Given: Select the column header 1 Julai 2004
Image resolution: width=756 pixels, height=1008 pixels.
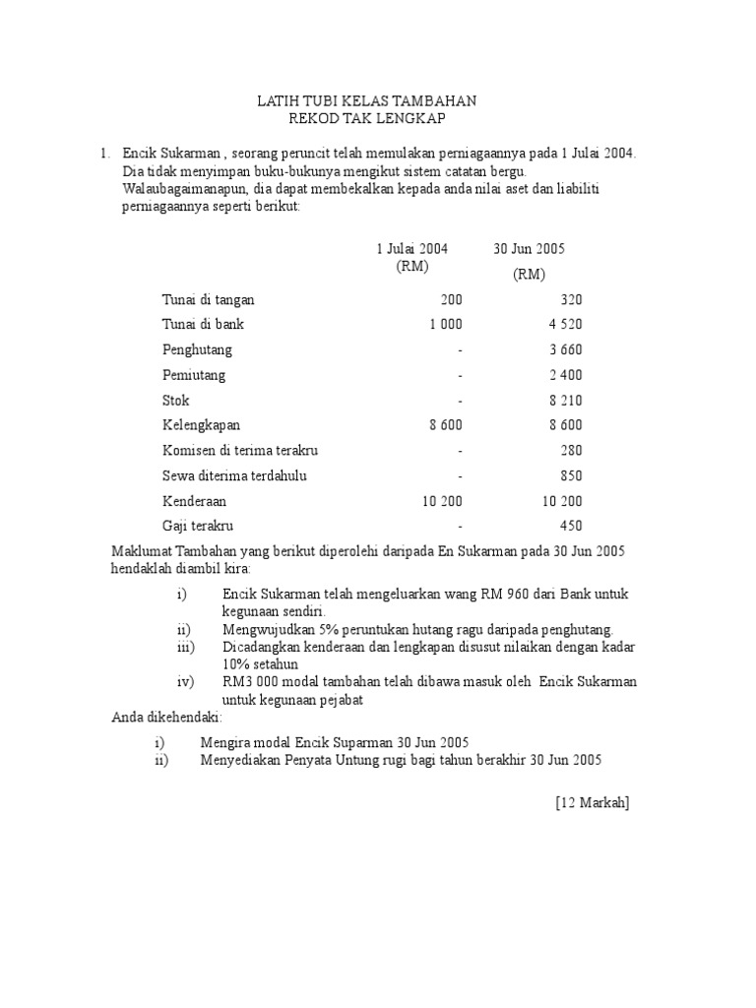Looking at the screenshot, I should (x=411, y=249).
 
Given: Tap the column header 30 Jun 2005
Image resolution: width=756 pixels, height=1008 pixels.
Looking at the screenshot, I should (x=529, y=249).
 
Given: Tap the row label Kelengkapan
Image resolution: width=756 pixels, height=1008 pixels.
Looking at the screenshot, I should (x=201, y=425).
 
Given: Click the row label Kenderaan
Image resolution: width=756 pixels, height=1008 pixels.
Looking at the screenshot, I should (x=194, y=501).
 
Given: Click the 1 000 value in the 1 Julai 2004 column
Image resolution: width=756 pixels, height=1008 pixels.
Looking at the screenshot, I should (x=445, y=325).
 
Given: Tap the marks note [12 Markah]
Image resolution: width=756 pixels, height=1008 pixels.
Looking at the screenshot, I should (x=592, y=803).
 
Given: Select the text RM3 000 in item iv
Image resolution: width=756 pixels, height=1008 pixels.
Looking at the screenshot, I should (x=249, y=682).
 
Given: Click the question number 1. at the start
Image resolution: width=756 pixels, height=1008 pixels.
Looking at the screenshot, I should (x=104, y=154).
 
